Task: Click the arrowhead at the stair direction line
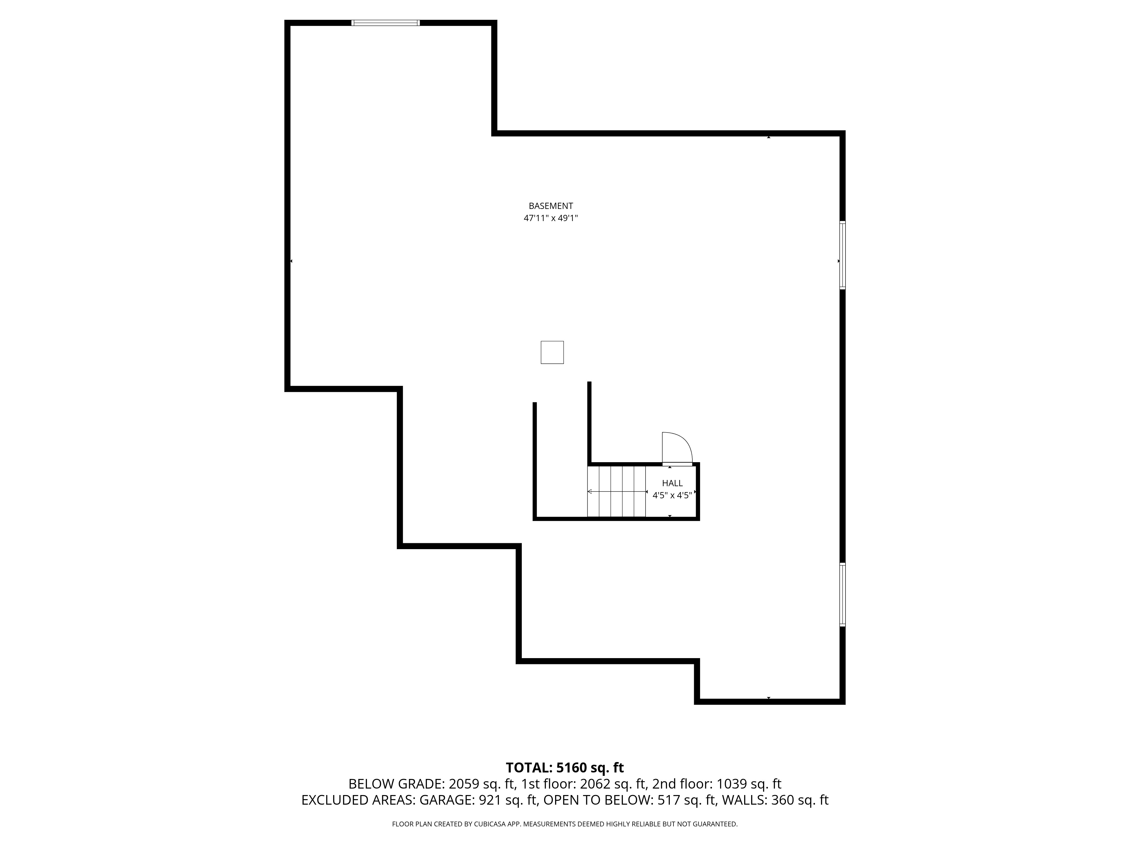(590, 492)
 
